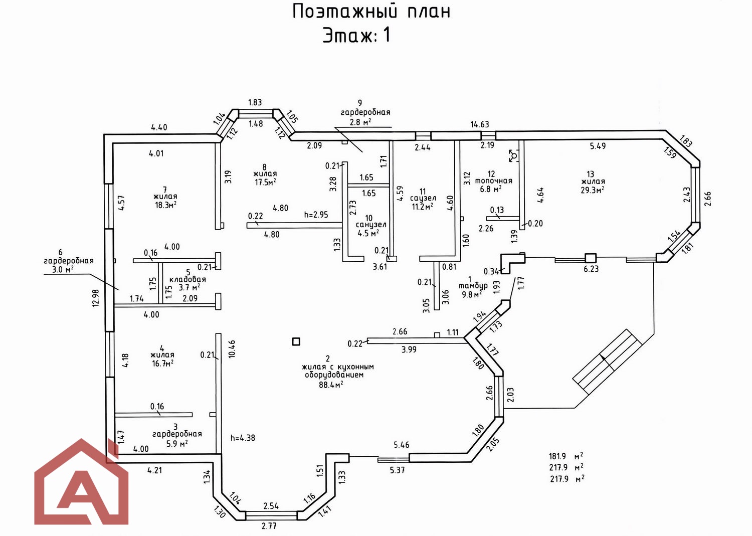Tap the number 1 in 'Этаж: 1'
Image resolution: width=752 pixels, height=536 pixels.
click(x=387, y=35)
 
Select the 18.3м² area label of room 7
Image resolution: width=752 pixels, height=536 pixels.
click(x=165, y=205)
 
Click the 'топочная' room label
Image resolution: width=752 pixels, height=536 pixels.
click(x=493, y=181)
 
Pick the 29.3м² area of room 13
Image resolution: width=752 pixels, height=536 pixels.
click(x=593, y=190)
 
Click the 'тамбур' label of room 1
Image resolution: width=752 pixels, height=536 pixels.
click(x=473, y=286)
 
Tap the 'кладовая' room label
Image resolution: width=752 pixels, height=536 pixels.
click(x=187, y=279)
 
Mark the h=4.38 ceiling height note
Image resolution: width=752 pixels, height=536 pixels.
click(x=243, y=438)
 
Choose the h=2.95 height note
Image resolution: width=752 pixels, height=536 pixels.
click(x=316, y=215)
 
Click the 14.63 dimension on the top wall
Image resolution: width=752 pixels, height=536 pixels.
click(x=479, y=124)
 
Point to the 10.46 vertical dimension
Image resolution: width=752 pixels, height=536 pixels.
click(x=231, y=349)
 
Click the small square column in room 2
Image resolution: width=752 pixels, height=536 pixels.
click(x=296, y=341)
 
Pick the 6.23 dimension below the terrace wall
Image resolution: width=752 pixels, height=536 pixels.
click(x=591, y=269)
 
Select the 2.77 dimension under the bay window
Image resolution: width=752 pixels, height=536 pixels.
click(x=269, y=526)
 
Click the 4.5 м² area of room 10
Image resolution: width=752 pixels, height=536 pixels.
click(x=367, y=233)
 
